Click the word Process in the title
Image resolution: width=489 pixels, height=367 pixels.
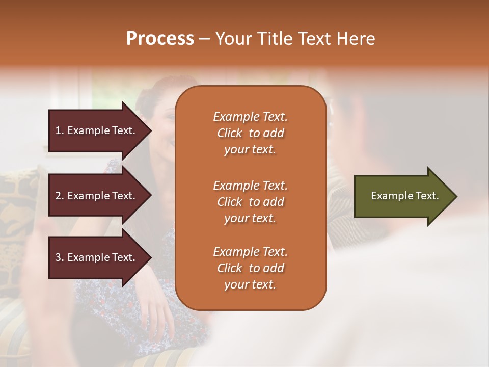tap(160, 39)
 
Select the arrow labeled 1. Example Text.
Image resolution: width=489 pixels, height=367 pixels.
tap(97, 130)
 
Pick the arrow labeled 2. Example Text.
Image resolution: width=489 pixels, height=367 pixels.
tap(97, 196)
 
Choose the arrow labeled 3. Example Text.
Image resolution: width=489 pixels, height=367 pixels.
tap(97, 257)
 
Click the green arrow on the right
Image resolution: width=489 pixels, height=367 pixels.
tap(402, 196)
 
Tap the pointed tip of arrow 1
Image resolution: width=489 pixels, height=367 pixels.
tap(150, 130)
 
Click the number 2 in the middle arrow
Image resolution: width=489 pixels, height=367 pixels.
tap(58, 196)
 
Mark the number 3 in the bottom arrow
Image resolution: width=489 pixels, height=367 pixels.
tap(58, 257)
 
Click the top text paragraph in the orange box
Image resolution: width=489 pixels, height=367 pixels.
tap(250, 133)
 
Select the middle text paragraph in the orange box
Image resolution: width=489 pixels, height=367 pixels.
tap(250, 201)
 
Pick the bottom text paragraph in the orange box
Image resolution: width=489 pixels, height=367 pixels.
tap(250, 268)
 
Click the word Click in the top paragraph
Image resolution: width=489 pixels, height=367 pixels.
tap(230, 133)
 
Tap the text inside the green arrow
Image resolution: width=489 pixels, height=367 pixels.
tap(404, 196)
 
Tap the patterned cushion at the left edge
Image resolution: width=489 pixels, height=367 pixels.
tap(18, 204)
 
